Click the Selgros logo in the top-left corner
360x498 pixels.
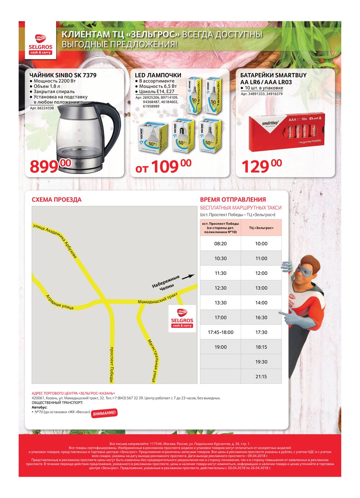click(41, 44)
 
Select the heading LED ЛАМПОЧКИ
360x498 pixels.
click(158, 75)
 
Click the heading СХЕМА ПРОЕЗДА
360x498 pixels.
click(57, 200)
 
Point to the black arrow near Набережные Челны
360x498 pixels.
click(188, 277)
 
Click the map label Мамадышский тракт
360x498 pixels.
click(157, 299)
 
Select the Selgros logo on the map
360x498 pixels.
click(182, 318)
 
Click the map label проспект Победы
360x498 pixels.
click(112, 364)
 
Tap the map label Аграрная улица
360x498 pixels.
click(60, 302)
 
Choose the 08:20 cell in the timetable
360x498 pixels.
click(220, 244)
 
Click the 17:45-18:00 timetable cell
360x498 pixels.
click(220, 332)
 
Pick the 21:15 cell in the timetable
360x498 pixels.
click(261, 376)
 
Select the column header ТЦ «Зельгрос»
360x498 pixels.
click(261, 228)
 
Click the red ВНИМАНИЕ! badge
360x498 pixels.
click(104, 413)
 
